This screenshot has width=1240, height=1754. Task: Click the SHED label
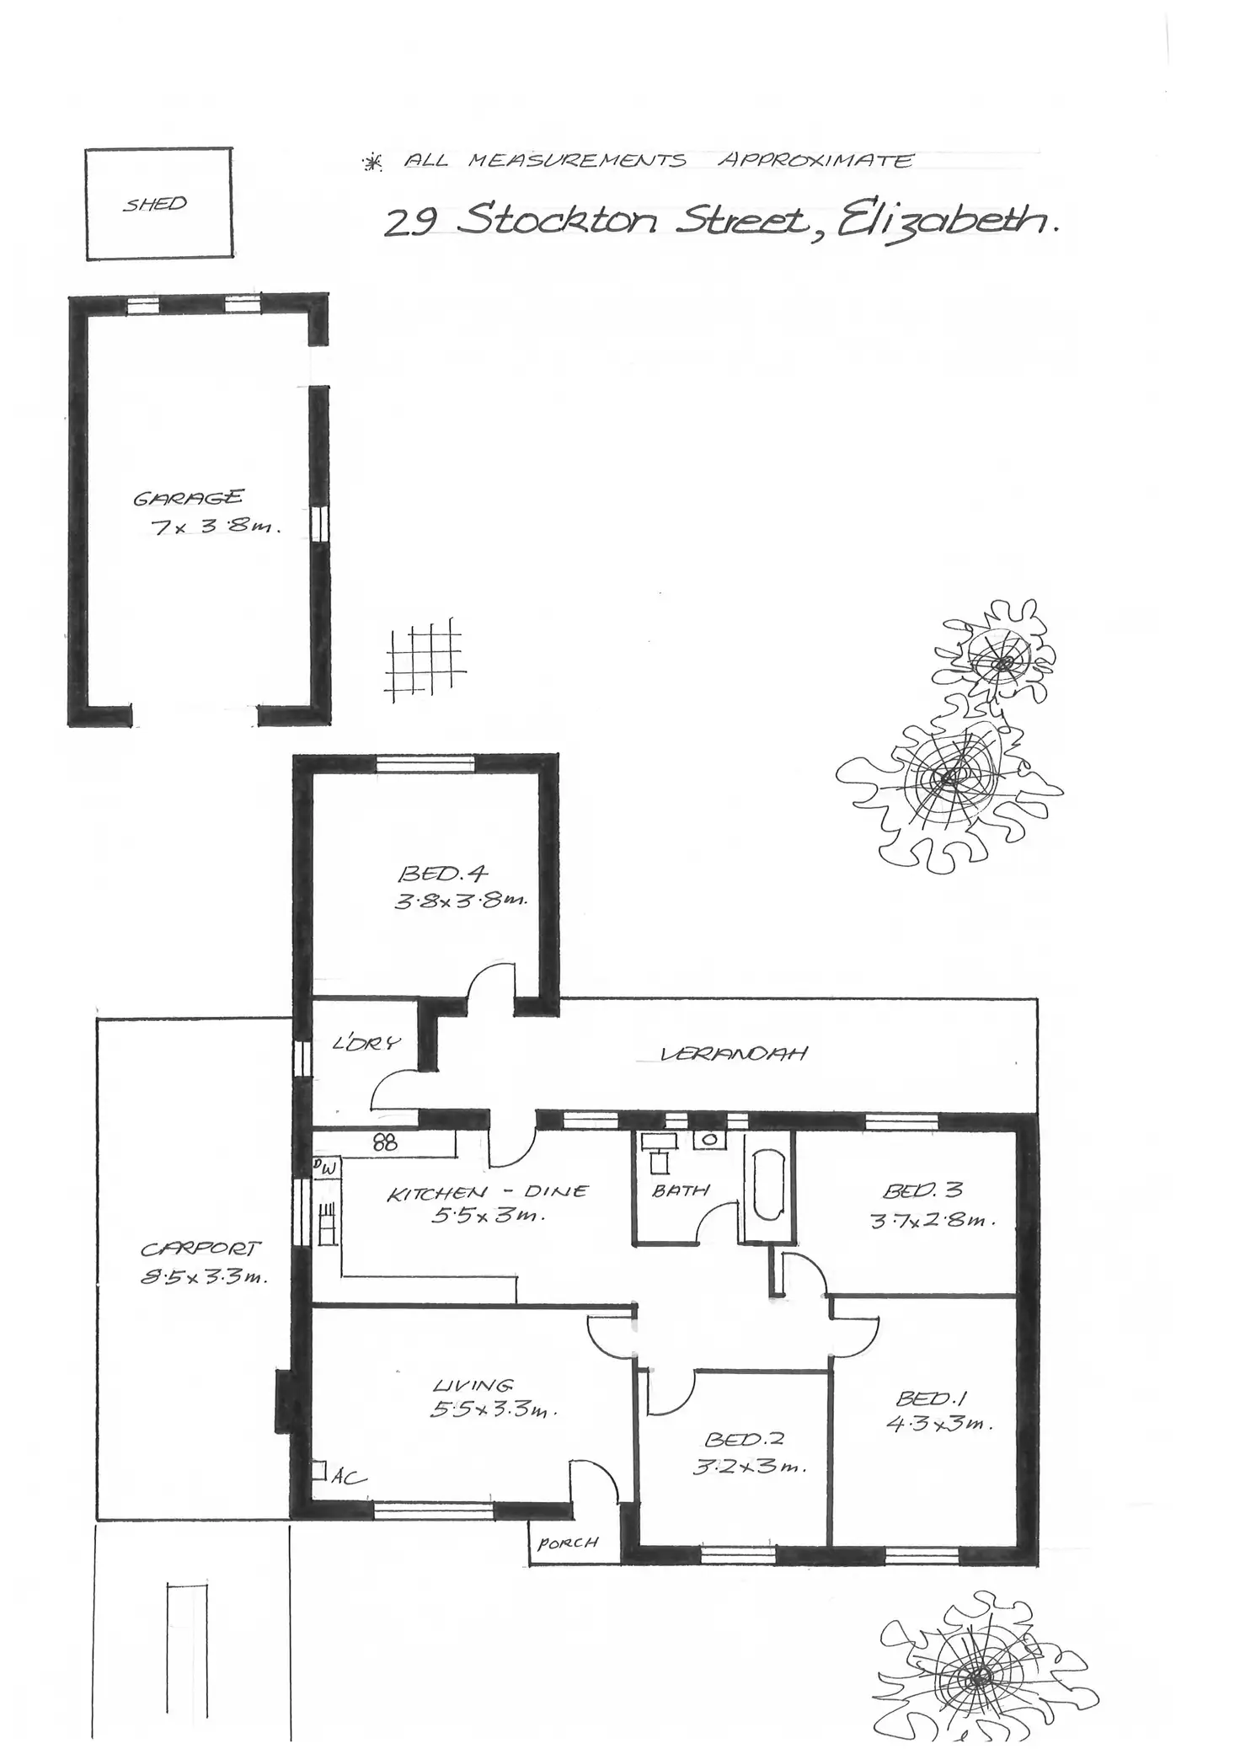coord(155,204)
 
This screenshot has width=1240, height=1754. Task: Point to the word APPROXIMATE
coord(815,160)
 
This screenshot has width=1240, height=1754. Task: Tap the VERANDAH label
coord(734,1053)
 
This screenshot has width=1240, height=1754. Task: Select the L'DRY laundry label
coord(366,1044)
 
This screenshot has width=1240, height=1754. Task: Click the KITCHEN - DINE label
coord(487,1192)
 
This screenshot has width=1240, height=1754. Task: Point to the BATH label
coord(681,1190)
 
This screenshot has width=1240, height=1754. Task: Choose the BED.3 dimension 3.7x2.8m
coord(933,1219)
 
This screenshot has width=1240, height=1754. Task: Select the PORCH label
coord(568,1543)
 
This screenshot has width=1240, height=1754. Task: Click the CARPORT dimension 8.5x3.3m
coord(204,1277)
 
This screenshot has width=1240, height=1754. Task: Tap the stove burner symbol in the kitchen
coord(385,1142)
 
